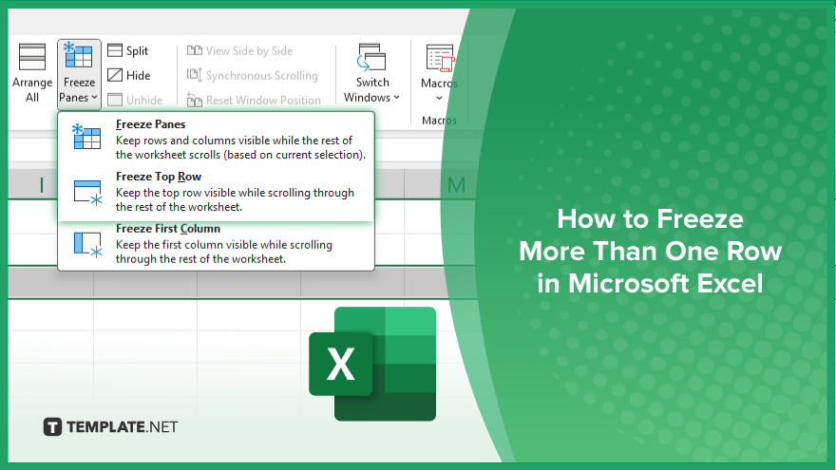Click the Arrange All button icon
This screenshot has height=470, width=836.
[x=32, y=57]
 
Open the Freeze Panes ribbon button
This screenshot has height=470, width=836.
[x=79, y=74]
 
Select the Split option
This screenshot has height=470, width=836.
[x=128, y=50]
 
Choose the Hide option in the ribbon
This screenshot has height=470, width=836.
[x=129, y=75]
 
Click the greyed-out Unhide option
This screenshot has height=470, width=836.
[x=135, y=100]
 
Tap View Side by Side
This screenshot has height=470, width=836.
[x=240, y=50]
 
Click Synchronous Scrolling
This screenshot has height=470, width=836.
[x=252, y=75]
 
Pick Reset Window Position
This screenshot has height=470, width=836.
[x=254, y=100]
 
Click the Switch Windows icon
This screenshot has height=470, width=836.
[x=371, y=58]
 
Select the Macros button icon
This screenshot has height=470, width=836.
[x=440, y=58]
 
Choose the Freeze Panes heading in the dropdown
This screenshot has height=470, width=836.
[x=150, y=124]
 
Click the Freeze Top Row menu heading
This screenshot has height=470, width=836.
[x=159, y=177]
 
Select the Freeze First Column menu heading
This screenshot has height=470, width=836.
[x=168, y=229]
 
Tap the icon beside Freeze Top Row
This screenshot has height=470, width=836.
[x=87, y=193]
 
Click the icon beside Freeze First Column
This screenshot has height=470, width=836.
[x=87, y=245]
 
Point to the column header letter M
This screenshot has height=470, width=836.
[x=456, y=185]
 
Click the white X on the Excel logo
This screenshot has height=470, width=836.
[x=340, y=364]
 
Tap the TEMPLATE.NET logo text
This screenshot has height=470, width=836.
[x=123, y=427]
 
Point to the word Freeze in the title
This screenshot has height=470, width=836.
[x=699, y=219]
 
